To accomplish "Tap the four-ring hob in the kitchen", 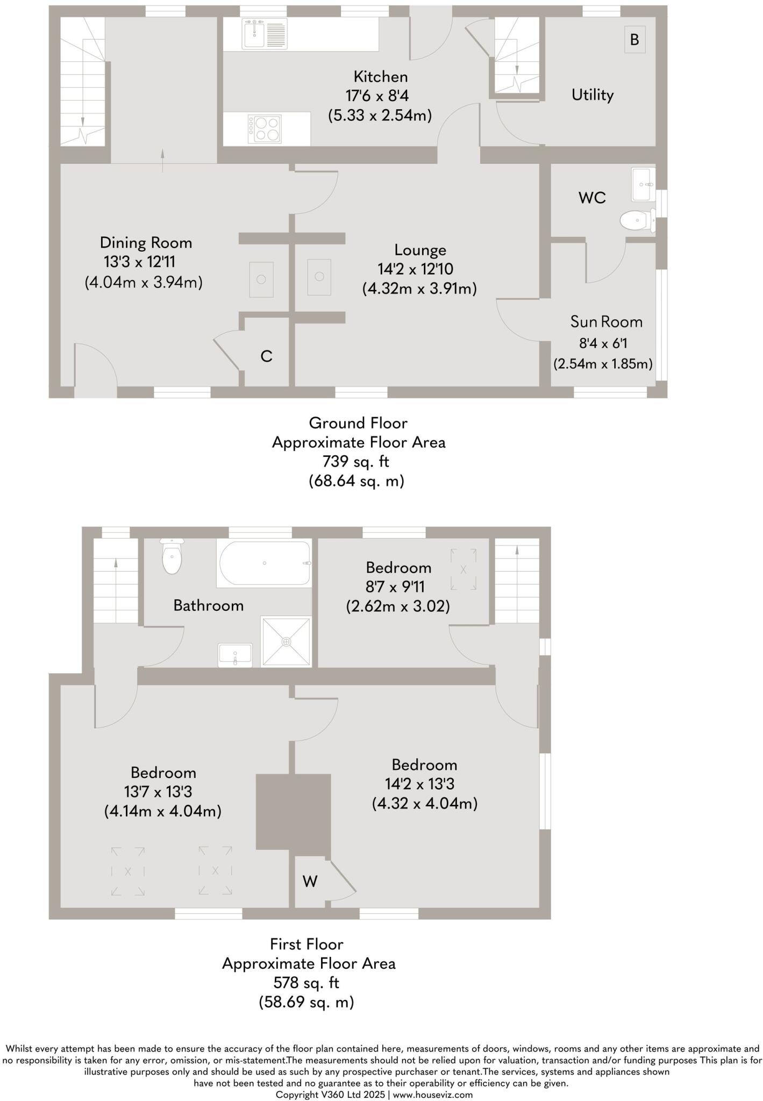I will coord(265,129).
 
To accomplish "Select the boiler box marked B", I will coord(634,40).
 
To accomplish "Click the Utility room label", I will coord(592,95).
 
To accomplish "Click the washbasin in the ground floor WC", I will coord(643,184).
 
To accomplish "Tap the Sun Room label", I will coord(606,322).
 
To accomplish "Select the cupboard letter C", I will coord(266,356).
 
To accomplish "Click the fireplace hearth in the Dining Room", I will coord(261,280).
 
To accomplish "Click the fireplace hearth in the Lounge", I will coord(319,277).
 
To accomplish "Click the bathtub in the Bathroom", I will coord(263,563).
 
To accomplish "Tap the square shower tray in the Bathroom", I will coord(286,641).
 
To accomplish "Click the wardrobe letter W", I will coord(310,881).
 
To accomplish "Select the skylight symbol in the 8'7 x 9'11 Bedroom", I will coord(463,569).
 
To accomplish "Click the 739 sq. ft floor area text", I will coord(355,461).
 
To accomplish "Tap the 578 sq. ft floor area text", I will coord(306,983).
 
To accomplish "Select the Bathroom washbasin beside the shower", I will coord(235,655).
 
